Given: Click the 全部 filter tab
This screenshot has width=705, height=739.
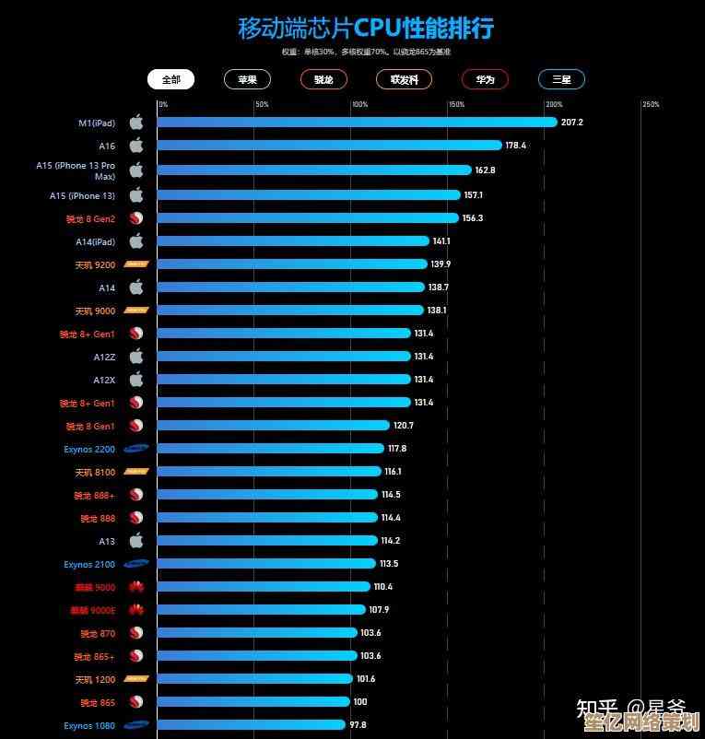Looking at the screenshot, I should click(x=170, y=79).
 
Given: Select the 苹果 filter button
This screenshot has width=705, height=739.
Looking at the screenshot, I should click(x=247, y=79).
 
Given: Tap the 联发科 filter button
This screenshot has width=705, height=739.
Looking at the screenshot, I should click(x=404, y=79).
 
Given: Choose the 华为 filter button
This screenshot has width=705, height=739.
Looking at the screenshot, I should click(x=485, y=79).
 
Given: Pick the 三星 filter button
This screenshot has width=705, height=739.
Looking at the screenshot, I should click(x=561, y=79).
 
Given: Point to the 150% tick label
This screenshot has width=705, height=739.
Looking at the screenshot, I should click(x=456, y=104).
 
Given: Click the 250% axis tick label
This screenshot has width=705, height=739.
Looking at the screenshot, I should click(x=651, y=104).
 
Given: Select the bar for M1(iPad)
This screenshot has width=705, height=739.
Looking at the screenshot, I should click(x=357, y=122).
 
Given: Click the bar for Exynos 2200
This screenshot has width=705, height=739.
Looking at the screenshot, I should click(x=270, y=449).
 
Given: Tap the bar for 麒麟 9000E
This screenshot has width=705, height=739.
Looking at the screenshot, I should click(x=262, y=610).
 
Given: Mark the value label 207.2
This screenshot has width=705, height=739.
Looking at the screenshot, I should click(x=572, y=123).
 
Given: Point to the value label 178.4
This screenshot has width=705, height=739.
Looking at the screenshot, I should click(x=516, y=146).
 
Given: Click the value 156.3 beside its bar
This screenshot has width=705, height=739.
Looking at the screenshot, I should click(x=473, y=218).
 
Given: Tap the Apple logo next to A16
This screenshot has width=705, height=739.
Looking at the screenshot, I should click(x=136, y=145).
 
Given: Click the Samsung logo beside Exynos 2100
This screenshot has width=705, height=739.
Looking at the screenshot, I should click(x=137, y=564).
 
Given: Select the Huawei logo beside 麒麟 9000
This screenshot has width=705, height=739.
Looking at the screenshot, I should click(x=136, y=587).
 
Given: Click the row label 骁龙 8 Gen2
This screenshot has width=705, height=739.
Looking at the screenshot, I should click(x=90, y=218).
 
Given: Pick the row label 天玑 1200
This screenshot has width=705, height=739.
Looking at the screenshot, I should click(x=95, y=679).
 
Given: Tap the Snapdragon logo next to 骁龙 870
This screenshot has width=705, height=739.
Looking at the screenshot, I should click(x=136, y=633).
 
